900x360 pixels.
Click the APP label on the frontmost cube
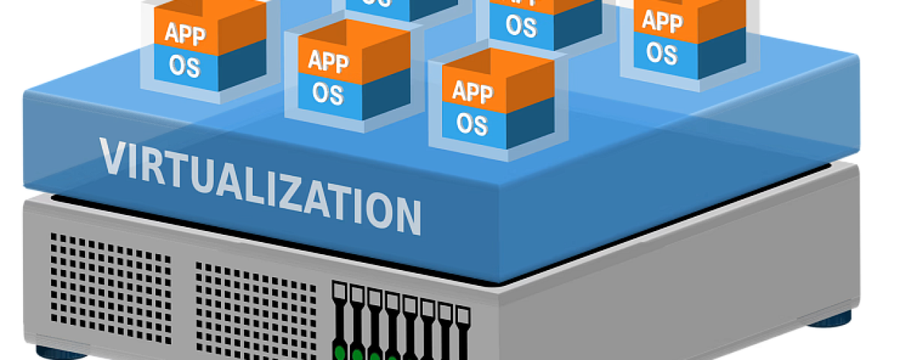click(472, 91)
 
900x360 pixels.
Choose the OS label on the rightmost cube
click(660, 52)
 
